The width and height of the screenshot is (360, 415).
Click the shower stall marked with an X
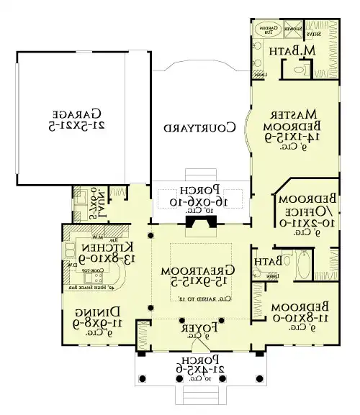tap(292, 31)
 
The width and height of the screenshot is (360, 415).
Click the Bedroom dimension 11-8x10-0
tap(300, 317)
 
